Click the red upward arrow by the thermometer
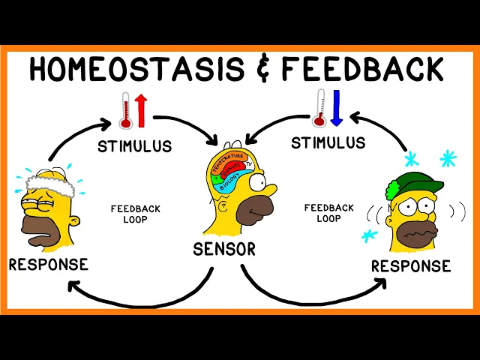pos(141,111)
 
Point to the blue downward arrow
pos(336,108)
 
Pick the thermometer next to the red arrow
pos(124,112)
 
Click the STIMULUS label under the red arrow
pos(134,145)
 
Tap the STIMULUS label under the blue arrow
pos(328,142)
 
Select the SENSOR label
pos(223,248)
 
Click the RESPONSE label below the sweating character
pos(48,264)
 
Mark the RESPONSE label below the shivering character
pos(411,266)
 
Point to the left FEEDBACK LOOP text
pos(135,214)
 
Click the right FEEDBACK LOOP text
pos(328,213)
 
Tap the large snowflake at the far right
pos(448,158)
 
